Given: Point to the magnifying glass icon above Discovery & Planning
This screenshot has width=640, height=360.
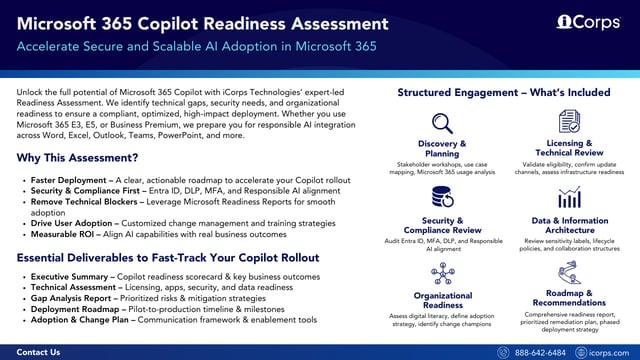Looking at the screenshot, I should [442, 123].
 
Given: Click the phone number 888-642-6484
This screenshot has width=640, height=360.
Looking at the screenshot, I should [541, 352].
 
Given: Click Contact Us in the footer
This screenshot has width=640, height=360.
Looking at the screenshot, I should [39, 352].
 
